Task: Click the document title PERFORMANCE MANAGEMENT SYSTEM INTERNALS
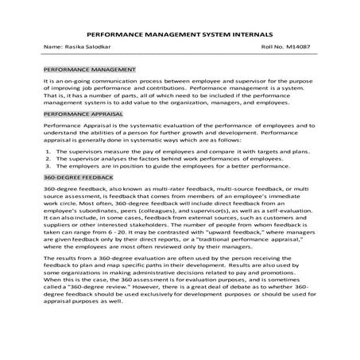coord(179,36)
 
